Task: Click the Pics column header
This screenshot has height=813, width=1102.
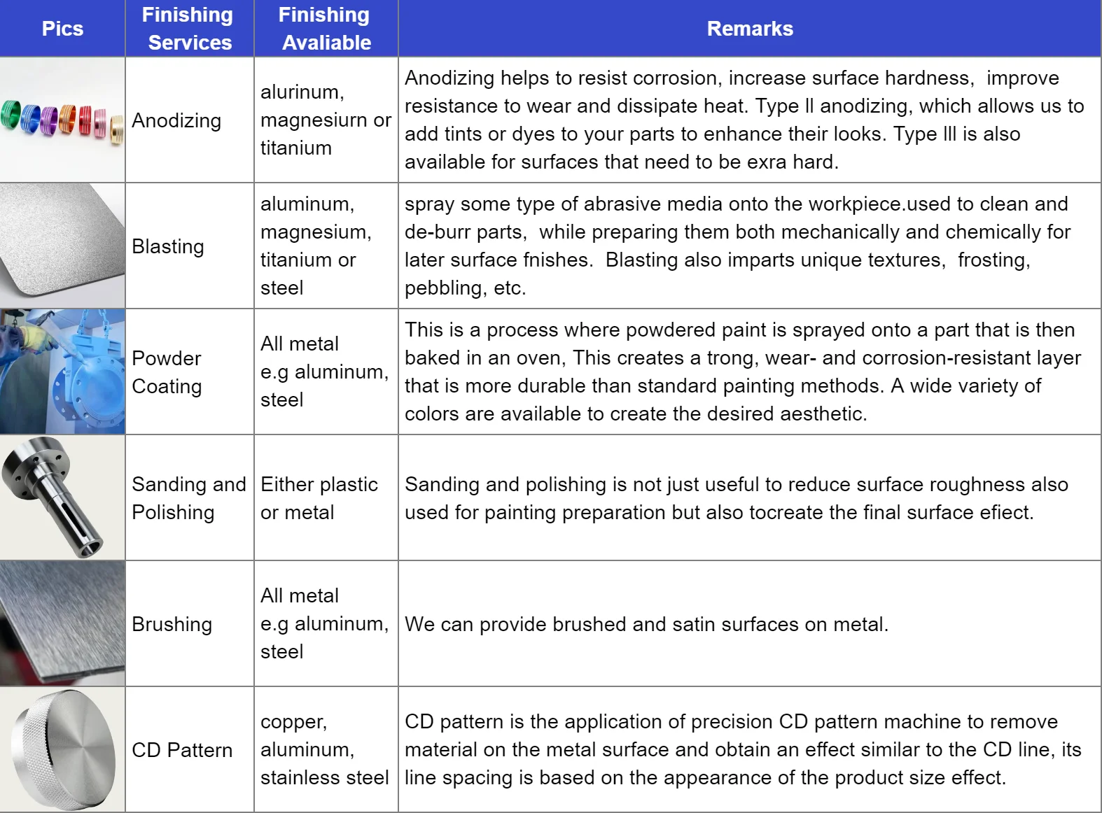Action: point(62,29)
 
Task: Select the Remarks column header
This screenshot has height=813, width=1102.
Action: point(749,29)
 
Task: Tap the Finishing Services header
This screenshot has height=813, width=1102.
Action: point(189,29)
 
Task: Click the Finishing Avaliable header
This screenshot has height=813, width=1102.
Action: point(326,29)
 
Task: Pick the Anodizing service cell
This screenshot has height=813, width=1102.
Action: point(176,120)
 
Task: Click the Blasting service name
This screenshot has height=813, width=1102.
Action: point(168,246)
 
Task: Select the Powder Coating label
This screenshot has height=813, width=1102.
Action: point(167,372)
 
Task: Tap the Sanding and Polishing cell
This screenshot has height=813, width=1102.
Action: point(188,498)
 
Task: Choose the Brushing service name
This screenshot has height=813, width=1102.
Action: point(172,624)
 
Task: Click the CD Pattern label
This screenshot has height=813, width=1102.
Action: point(182,750)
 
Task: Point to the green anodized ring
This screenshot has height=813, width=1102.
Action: point(11,115)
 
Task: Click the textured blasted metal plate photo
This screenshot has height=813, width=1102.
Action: point(62,245)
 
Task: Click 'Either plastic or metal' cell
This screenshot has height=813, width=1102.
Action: point(319,498)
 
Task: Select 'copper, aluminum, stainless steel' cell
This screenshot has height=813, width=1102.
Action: point(324,750)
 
